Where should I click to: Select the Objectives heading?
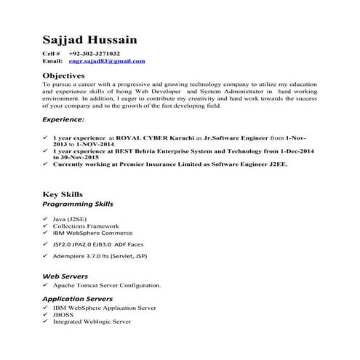64,75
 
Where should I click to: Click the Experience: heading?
63,118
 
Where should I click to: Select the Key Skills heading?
63,194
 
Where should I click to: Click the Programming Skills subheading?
77,204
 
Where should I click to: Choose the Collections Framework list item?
86,226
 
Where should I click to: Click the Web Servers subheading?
65,276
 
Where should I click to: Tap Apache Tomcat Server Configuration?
106,286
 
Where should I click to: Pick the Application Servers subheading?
77,298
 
